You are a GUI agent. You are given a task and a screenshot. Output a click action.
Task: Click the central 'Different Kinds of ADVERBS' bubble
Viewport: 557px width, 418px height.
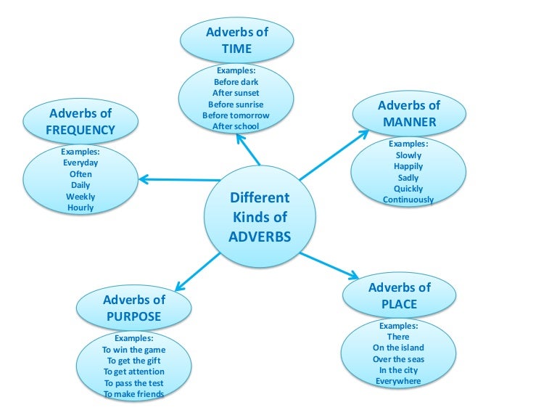click(259, 217)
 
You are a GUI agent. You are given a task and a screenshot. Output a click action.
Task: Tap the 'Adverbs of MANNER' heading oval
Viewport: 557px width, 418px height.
click(409, 114)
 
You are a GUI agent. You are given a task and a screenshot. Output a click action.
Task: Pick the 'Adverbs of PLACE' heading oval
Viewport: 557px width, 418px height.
click(399, 295)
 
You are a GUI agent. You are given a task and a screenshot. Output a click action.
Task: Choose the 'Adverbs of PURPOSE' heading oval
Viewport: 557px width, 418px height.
click(133, 308)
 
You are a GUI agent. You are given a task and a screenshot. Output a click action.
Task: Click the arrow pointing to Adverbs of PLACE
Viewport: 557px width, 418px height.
click(330, 265)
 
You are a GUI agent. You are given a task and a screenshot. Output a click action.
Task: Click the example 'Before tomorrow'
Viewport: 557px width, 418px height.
click(236, 115)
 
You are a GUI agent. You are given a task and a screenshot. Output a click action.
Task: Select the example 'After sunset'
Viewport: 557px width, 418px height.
click(236, 93)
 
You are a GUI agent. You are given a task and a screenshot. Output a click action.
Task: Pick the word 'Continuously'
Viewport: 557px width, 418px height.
click(408, 200)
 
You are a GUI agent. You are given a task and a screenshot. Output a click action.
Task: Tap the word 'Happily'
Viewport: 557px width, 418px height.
click(408, 166)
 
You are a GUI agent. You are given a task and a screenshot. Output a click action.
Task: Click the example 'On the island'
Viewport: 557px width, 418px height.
click(398, 348)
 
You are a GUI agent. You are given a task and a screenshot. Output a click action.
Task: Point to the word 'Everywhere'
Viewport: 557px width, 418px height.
click(398, 381)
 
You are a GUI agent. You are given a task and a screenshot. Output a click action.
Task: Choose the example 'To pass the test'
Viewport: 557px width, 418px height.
click(133, 382)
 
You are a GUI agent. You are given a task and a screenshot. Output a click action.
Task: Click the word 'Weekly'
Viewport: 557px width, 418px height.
click(81, 197)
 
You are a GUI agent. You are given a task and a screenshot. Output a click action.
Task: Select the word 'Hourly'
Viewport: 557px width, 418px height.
click(81, 208)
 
